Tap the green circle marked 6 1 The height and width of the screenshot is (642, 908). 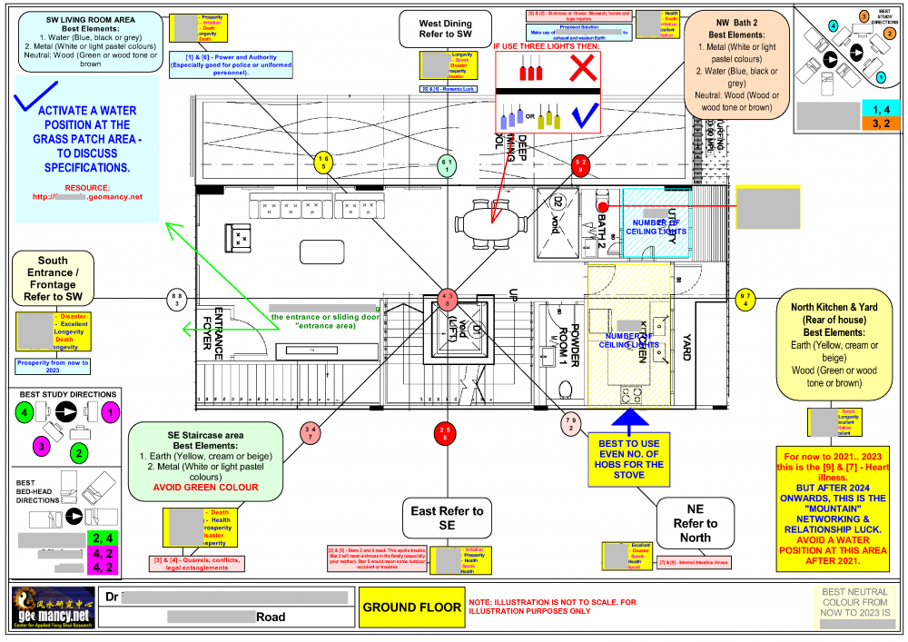(x=446, y=164)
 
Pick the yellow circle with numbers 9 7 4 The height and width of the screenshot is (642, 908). (x=745, y=299)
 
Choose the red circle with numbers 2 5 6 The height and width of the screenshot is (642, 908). (x=444, y=433)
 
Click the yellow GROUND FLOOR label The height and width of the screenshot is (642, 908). (x=412, y=607)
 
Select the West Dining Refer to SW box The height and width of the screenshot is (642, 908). (x=446, y=29)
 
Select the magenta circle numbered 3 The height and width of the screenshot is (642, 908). (x=40, y=446)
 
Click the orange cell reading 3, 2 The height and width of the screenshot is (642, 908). (x=880, y=123)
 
